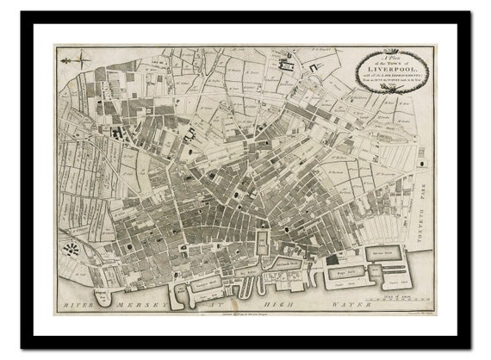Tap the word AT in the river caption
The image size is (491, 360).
[x=220, y=304]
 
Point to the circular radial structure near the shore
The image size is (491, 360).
[x=71, y=251]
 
